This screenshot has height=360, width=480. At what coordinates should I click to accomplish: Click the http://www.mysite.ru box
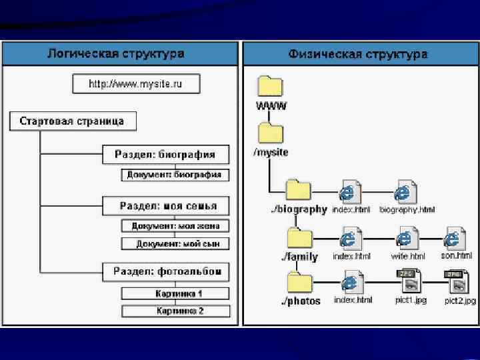click(137, 84)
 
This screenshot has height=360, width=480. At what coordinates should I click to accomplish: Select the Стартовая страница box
click(72, 121)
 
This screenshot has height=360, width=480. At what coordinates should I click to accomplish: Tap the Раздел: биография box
click(165, 155)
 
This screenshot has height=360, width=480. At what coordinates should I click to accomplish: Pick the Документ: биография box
click(175, 175)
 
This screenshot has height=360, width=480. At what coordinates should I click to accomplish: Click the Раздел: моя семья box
click(165, 205)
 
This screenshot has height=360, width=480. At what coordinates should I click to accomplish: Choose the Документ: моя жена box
click(175, 226)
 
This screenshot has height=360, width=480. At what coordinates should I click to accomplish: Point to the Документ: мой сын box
click(175, 243)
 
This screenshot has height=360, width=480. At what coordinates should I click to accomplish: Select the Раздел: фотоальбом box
click(166, 271)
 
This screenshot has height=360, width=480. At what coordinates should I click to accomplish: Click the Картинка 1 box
click(175, 293)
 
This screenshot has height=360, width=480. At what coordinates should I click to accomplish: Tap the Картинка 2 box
click(175, 311)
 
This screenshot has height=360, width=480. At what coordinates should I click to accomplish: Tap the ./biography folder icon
click(298, 189)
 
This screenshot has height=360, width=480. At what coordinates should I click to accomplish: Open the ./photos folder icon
click(298, 282)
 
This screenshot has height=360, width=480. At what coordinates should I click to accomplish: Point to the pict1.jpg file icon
click(407, 283)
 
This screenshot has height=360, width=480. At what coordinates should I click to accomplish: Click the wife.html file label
click(407, 256)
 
